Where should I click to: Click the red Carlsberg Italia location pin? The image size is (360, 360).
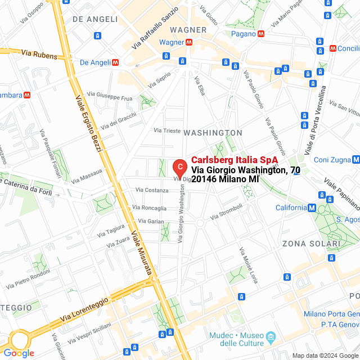coord(179,167)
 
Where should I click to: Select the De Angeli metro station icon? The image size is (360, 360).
coord(115,62)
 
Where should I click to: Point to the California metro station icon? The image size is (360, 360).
coord(312,208)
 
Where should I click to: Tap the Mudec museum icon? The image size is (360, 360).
coord(271,338)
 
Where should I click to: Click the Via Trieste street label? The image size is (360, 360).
coord(168,130)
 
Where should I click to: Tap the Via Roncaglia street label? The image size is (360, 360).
coord(150,207)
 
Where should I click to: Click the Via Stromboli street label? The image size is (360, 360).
coord(226,211)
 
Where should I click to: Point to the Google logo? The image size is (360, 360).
coord(19,353)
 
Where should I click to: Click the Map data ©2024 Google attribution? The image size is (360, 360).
coord(325,355)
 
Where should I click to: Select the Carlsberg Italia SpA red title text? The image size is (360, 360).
coord(235,160)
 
